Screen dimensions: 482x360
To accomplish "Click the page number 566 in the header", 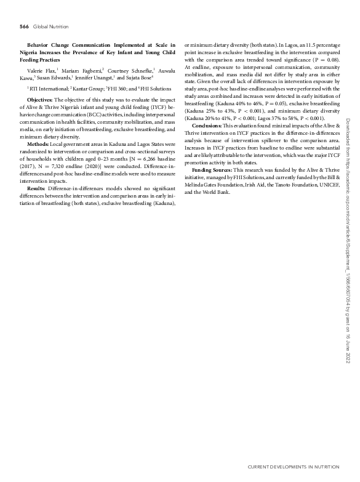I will (x=25, y=26).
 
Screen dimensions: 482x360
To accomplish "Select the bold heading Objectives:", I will (x=40, y=99).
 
